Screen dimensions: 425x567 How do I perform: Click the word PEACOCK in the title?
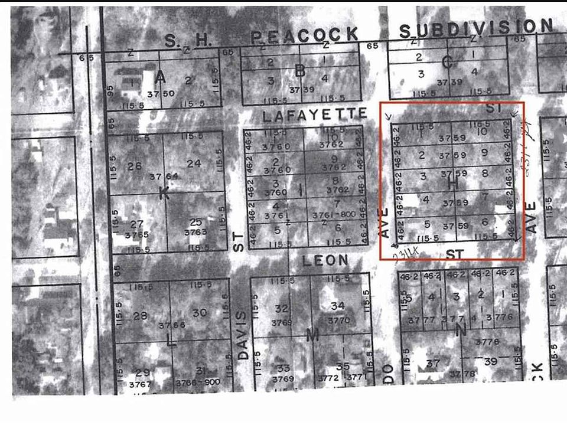click(x=305, y=35)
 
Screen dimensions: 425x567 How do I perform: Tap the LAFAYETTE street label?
click(x=314, y=115)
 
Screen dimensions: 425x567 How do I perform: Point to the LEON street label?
click(x=327, y=260)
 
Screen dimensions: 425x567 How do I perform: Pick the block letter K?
click(x=164, y=192)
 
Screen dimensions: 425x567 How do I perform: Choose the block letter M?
click(x=312, y=335)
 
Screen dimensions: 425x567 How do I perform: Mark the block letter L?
click(x=171, y=340)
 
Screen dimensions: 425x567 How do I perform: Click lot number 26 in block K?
click(x=134, y=166)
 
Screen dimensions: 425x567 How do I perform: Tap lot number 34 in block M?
click(x=337, y=306)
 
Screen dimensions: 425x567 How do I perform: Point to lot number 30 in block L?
click(x=200, y=313)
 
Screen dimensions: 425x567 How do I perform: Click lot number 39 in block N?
click(x=490, y=361)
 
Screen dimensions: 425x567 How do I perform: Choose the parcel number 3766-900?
click(x=197, y=382)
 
